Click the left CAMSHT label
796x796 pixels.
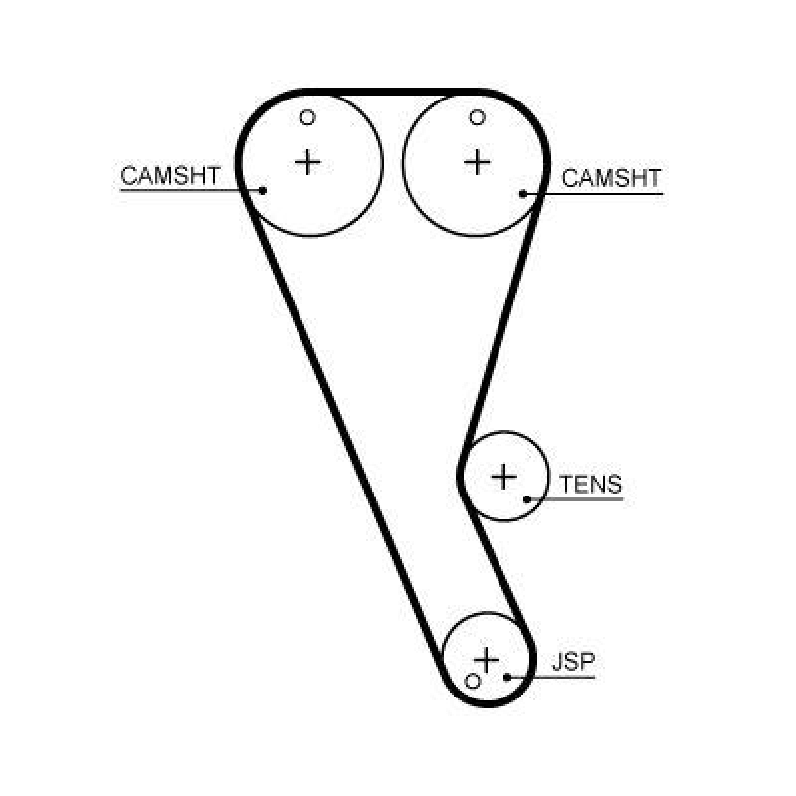coord(170,176)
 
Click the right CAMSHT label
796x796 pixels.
coord(611,178)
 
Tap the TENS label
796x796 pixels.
coord(590,485)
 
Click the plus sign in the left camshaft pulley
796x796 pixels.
coord(309,161)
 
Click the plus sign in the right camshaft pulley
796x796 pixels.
coord(479,161)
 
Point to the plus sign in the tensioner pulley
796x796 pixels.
coord(505,477)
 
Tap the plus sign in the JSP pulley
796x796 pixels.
coord(487,658)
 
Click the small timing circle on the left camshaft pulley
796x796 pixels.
coord(308,118)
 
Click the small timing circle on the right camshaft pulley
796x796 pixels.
coord(478,118)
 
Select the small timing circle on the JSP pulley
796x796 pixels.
coord(473,682)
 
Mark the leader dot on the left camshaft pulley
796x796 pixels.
coord(263,189)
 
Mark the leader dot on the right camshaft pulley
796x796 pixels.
coord(523,192)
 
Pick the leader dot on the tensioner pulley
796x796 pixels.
coord(527,497)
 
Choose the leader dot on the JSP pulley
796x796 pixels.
coord(507,677)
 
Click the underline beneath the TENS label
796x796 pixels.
coord(587,498)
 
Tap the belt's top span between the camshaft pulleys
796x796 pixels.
coord(393,91)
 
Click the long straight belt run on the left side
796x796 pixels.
coord(343,428)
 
